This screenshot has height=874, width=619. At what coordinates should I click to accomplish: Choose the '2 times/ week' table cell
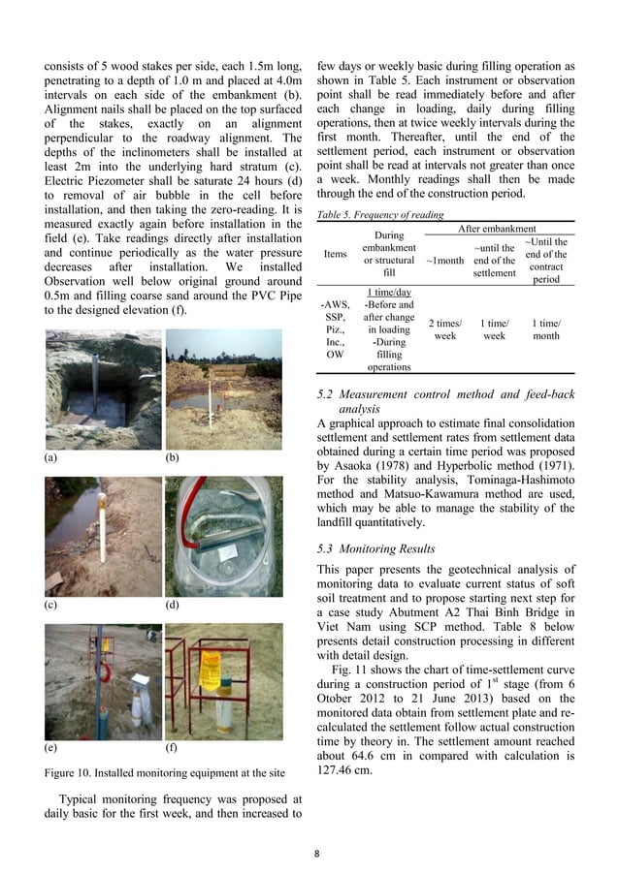click(x=444, y=328)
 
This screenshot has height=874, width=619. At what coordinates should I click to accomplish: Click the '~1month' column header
click(x=444, y=261)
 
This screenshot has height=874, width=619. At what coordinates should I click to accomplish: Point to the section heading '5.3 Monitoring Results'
click(x=376, y=548)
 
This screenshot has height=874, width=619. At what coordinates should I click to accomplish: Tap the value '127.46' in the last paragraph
click(x=340, y=772)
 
